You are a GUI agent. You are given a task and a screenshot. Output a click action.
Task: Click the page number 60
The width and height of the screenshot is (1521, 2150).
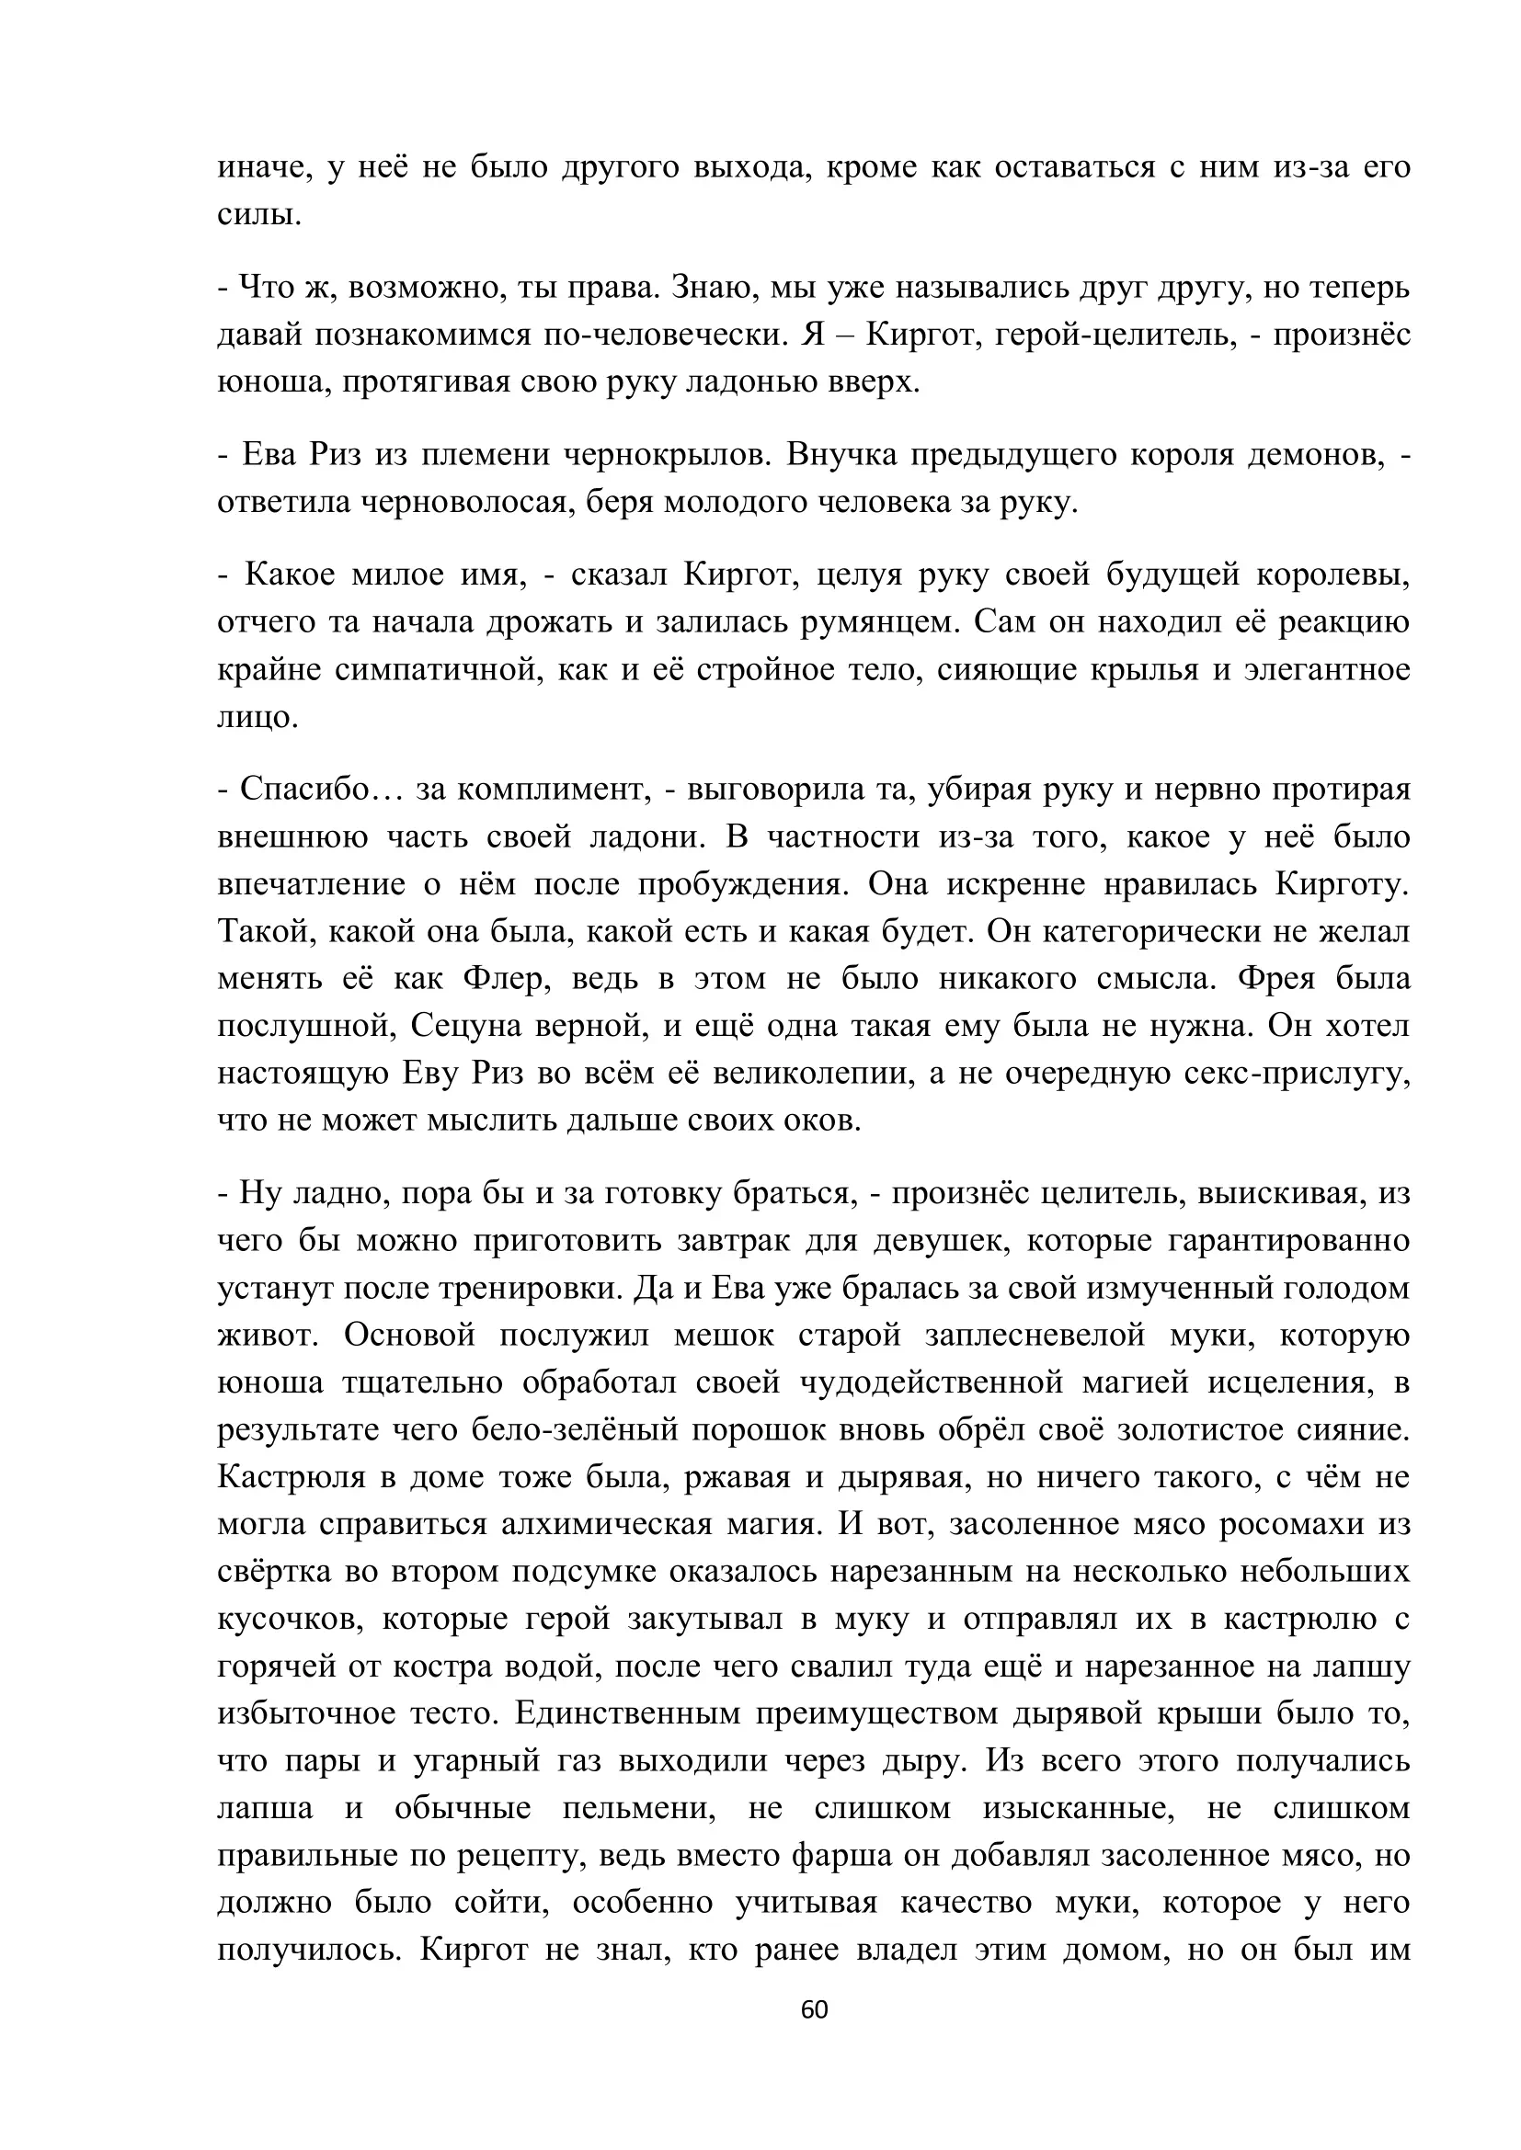814,2010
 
